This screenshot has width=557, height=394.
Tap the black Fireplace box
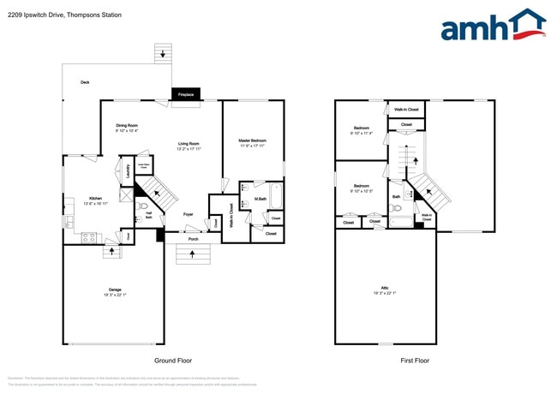pos(186,93)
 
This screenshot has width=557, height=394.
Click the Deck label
pos(85,82)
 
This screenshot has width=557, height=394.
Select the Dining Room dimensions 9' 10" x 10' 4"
pos(127,131)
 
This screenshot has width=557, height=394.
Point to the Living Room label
pos(189,143)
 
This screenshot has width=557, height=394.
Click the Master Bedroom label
pos(252,140)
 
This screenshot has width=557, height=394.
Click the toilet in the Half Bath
pos(143,207)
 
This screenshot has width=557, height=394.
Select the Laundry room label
pos(129,170)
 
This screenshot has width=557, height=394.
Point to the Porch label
pos(193,239)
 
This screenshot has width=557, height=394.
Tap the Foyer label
pos(188,215)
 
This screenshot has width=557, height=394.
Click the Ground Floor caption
pos(171,361)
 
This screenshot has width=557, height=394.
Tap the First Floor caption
pos(415,361)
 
